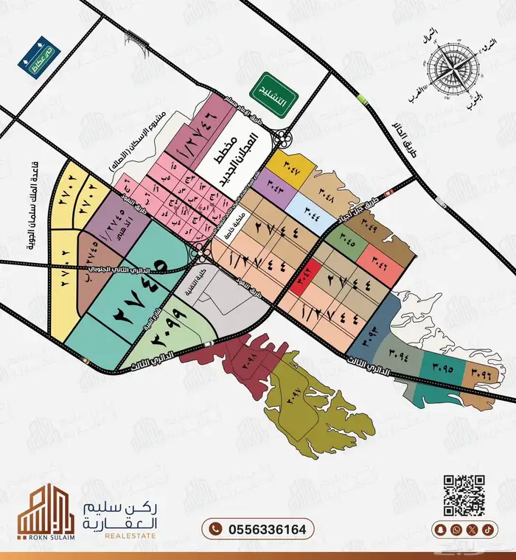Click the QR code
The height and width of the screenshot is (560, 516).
464,496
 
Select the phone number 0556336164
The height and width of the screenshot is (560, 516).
258,529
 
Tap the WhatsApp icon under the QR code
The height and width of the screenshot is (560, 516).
457,529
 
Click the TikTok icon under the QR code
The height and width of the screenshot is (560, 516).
487,529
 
